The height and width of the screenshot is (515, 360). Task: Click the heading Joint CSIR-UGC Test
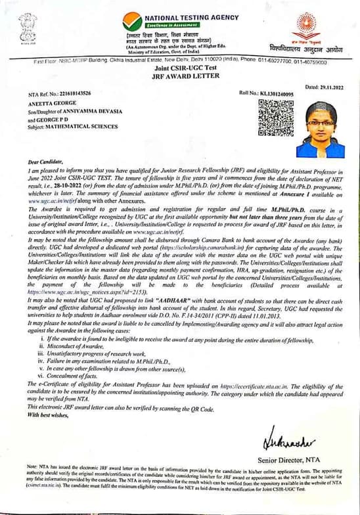pos(180,68)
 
